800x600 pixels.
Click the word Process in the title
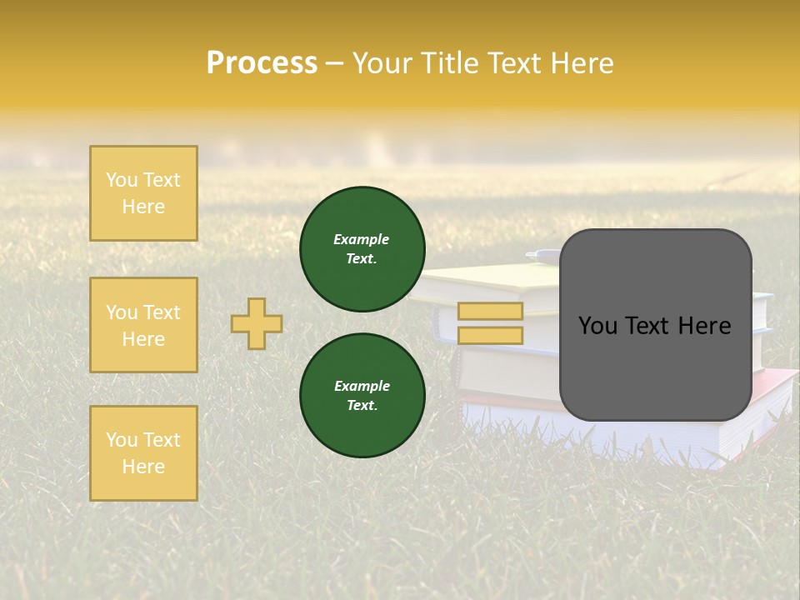(262, 63)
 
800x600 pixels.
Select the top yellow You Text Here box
(143, 193)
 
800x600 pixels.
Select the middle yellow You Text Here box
(143, 325)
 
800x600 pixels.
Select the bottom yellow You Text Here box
(143, 453)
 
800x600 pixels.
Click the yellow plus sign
(257, 323)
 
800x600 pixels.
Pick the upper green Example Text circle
(362, 249)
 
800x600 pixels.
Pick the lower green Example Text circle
(362, 395)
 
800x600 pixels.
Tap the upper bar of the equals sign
(490, 311)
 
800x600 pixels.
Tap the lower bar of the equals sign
(490, 335)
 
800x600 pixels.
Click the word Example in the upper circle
(362, 239)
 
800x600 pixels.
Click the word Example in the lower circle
(362, 386)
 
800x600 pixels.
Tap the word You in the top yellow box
(122, 180)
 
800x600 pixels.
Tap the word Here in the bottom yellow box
(143, 467)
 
